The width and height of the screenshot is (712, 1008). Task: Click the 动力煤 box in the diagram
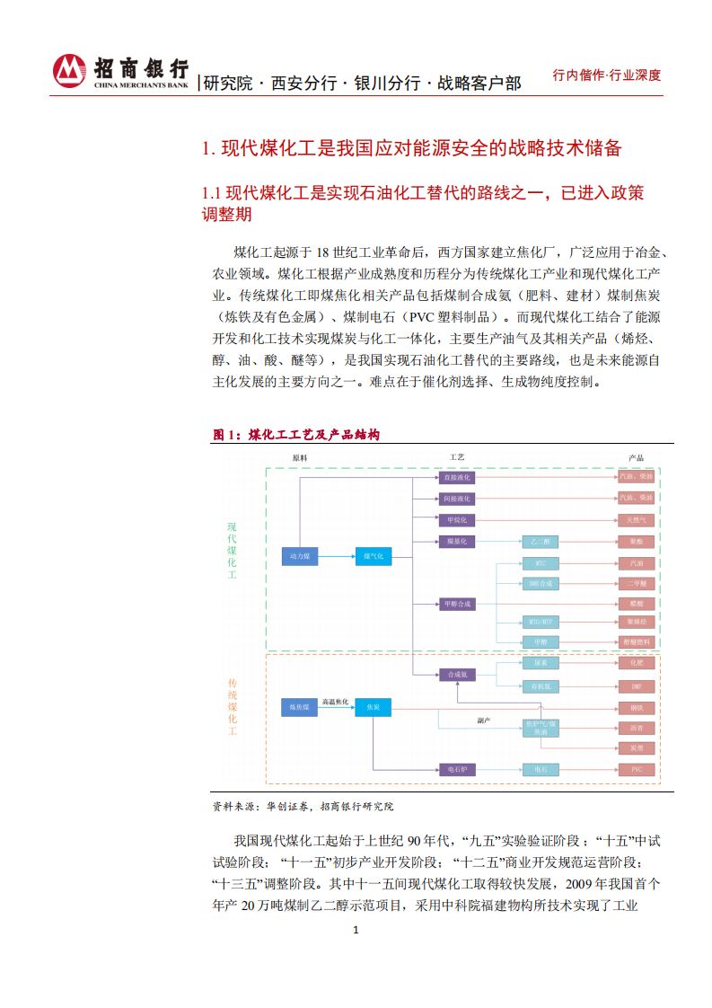[299, 557]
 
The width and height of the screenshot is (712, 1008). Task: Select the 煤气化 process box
[373, 557]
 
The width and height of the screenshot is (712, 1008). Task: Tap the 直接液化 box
[457, 477]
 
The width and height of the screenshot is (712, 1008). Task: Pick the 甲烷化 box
[457, 520]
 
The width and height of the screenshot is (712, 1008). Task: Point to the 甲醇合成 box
[457, 604]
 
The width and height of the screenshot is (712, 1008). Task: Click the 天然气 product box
[636, 520]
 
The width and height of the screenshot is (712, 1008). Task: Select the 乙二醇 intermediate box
[541, 543]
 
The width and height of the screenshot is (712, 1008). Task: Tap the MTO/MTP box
[541, 622]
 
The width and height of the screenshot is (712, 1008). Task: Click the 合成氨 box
[457, 674]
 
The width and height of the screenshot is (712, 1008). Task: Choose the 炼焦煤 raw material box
[299, 708]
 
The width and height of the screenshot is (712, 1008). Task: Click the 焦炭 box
[373, 708]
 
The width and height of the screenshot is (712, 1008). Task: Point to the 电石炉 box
[457, 770]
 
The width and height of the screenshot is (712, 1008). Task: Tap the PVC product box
[636, 770]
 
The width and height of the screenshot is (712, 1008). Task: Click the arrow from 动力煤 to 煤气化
[336, 557]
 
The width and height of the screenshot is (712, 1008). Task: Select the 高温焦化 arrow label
[336, 701]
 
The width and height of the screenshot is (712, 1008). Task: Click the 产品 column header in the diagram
[636, 458]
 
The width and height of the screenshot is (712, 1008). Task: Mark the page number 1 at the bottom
[356, 930]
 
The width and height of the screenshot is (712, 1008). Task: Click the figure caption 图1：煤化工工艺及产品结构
[296, 435]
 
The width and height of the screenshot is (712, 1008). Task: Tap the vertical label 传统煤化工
[232, 707]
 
